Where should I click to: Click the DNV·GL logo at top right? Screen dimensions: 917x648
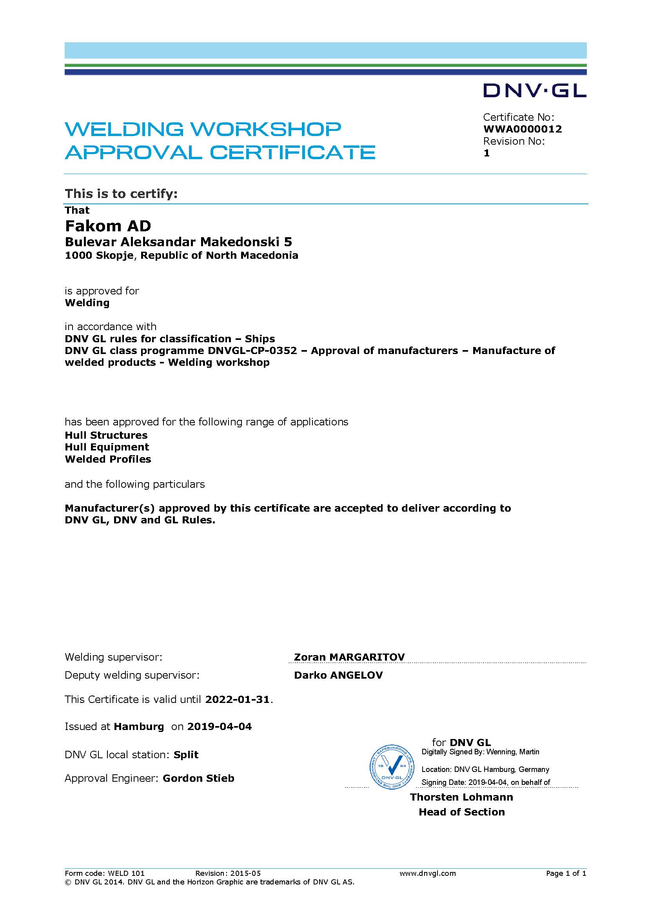pos(534,91)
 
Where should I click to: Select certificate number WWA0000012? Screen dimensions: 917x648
pos(522,129)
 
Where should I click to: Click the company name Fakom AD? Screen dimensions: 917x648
pos(108,226)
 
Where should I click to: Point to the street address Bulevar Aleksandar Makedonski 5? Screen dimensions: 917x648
pos(178,242)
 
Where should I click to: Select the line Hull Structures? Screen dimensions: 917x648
pos(106,435)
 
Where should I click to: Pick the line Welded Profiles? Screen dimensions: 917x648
pos(108,459)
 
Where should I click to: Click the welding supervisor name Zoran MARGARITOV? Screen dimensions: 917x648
pos(349,657)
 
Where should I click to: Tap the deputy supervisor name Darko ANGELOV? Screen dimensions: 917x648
pos(338,675)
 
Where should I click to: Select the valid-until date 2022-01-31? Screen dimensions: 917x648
pos(238,699)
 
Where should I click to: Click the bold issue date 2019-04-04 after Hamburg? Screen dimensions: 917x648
pos(220,726)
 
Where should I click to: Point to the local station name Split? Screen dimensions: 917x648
pos(186,755)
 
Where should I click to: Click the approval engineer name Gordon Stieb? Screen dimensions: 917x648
pos(198,779)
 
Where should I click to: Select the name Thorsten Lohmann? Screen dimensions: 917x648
pos(461,797)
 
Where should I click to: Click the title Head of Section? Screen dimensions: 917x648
pos(461,812)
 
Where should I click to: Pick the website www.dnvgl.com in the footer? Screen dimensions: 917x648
pos(427,873)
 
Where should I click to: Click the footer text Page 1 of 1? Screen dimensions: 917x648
pos(566,873)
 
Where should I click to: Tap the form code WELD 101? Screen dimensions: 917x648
pos(126,873)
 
